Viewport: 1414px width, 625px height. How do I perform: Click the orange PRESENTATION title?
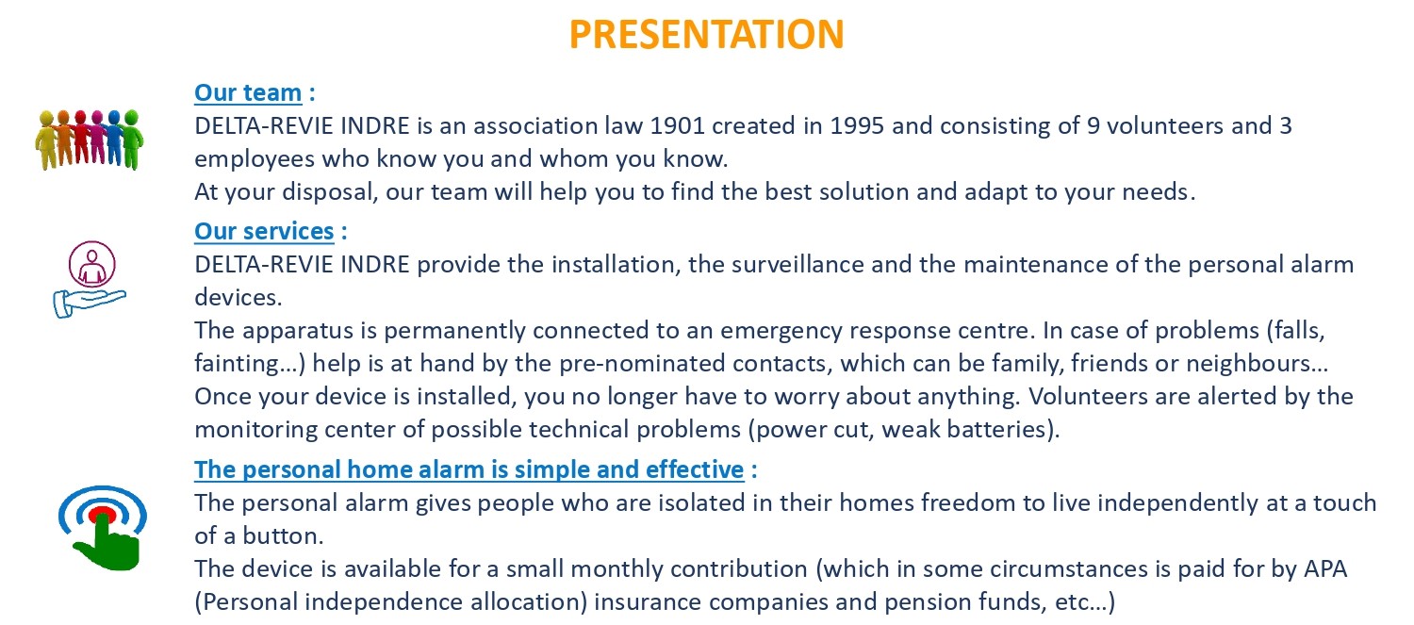pos(706,34)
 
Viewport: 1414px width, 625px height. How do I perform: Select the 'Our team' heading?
pos(248,92)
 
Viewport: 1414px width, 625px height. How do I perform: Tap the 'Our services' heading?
pos(264,232)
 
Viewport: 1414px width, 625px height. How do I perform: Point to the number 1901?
pos(678,125)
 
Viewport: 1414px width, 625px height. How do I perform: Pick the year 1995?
pos(857,125)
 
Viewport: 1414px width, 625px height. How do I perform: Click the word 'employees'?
pos(255,159)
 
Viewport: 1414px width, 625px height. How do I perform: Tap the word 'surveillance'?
pos(797,265)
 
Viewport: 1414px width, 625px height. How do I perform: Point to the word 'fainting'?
pos(237,364)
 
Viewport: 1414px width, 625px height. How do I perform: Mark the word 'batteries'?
pos(997,430)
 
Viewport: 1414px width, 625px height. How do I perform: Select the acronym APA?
pos(1325,568)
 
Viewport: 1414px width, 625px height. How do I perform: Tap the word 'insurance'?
pos(647,602)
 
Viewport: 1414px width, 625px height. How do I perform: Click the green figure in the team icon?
pos(133,140)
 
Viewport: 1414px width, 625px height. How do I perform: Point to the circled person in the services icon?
pos(92,265)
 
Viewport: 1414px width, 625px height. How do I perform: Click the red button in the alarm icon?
pos(102,515)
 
